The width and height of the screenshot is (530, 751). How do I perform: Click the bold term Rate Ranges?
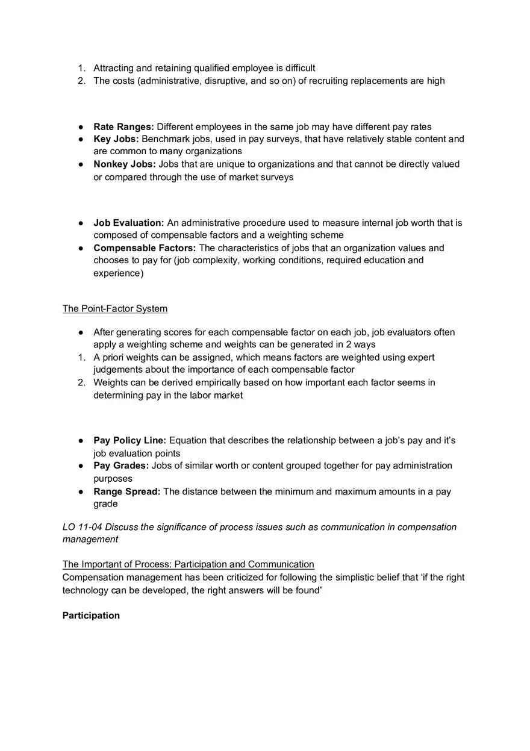coord(123,126)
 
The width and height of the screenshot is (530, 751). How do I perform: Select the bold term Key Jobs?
coord(116,139)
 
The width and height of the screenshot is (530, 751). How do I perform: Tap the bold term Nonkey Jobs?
coord(124,164)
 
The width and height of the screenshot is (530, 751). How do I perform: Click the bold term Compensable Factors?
coord(145,248)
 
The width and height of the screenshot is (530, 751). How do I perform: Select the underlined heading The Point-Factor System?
coord(115,308)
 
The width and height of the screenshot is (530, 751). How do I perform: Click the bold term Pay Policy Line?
coord(129,440)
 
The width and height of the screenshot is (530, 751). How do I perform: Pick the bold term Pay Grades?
coord(120,466)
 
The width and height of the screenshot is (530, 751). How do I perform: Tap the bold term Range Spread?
coord(126,491)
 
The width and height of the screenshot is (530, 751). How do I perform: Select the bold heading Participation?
coord(91,615)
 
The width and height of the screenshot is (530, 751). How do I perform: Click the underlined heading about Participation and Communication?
coord(188,564)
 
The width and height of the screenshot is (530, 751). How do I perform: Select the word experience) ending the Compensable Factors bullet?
coord(118,273)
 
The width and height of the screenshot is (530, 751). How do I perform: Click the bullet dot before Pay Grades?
coord(80,466)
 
